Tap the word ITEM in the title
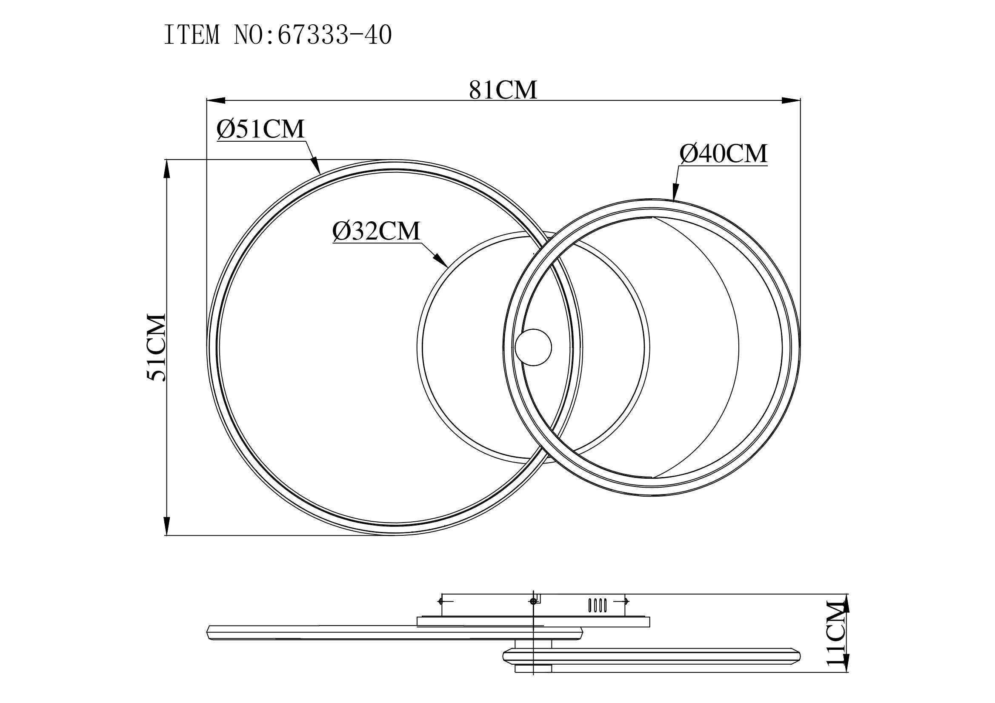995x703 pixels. (x=192, y=36)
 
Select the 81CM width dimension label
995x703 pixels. (x=503, y=90)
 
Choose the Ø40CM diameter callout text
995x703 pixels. (x=723, y=154)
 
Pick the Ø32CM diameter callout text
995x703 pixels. (x=377, y=231)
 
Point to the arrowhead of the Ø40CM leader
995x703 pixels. (x=675, y=192)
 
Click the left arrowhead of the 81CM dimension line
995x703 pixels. (x=216, y=100)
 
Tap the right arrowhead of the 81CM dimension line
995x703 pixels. (x=790, y=100)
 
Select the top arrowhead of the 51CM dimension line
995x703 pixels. (x=166, y=169)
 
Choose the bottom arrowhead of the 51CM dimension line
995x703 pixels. (x=166, y=526)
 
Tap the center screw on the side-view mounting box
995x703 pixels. (x=532, y=601)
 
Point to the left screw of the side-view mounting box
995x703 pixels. (x=441, y=601)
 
